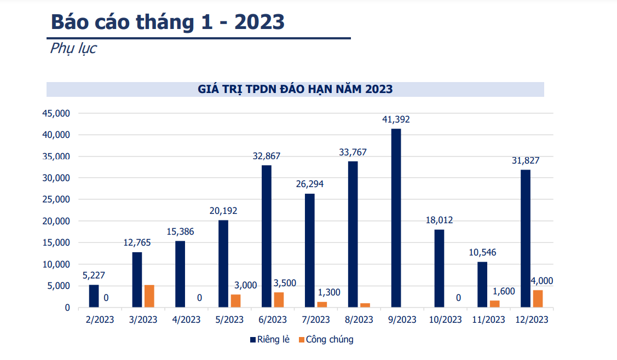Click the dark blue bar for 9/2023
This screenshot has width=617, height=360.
coord(396,218)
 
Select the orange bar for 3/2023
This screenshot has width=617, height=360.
coord(149,296)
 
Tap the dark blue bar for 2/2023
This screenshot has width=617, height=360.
coord(94,296)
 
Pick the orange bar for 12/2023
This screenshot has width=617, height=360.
coord(538,299)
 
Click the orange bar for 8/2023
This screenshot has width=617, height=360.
coord(365,305)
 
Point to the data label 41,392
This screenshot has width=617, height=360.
coord(396,119)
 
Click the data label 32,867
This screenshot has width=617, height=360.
coord(267,156)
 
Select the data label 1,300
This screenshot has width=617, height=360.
coord(328,292)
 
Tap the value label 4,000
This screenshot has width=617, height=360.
coord(542,281)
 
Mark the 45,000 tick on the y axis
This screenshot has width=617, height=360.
coord(56,113)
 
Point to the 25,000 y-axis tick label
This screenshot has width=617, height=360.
coord(56,200)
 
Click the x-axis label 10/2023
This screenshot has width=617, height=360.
coord(445,320)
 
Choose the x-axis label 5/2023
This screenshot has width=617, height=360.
coord(229,320)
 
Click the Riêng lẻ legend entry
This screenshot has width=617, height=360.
coord(270,340)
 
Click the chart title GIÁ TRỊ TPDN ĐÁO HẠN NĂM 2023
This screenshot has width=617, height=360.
coord(295,89)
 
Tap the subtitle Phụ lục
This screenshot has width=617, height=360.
coord(73,48)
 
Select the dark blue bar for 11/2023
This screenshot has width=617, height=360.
coord(482,284)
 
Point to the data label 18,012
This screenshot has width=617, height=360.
coord(439,220)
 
